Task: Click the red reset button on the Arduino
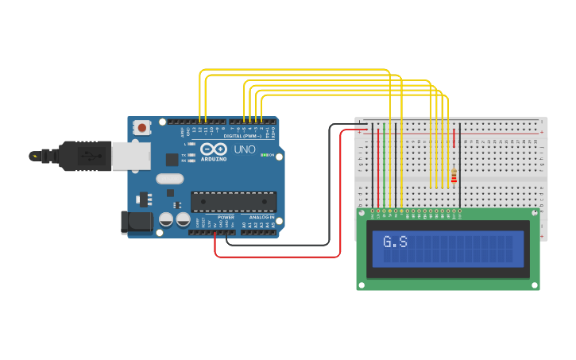click(142, 127)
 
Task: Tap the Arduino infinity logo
click(213, 149)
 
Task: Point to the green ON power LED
click(265, 155)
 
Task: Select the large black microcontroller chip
click(234, 201)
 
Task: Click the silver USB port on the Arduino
click(130, 156)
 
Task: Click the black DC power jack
click(136, 223)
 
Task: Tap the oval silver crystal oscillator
click(169, 179)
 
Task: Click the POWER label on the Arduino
click(226, 217)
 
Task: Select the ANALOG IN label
click(261, 217)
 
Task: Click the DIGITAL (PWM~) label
click(242, 136)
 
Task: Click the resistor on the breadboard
click(454, 176)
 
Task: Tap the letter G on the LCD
click(389, 242)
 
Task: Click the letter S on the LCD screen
click(403, 242)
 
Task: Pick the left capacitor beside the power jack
click(166, 219)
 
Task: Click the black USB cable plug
click(84, 156)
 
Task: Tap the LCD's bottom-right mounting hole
click(534, 284)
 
